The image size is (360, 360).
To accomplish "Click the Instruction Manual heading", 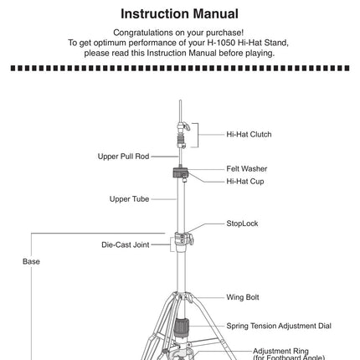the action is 179,14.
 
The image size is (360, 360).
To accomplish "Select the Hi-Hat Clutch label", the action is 249,135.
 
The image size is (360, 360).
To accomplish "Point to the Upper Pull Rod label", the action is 123,157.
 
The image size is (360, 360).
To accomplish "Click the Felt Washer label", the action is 247,169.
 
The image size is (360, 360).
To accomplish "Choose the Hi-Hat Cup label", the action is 245,182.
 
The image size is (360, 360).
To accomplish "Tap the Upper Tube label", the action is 129,199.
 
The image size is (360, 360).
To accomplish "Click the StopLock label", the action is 242,224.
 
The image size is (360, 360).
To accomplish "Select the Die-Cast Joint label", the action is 126,244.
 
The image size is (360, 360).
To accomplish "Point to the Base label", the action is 31,261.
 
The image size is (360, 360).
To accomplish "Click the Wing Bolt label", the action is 243,297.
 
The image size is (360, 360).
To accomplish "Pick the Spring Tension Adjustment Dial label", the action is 279,326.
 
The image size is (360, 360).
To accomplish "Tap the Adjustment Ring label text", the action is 280,351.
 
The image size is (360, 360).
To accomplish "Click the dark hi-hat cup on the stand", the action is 181,172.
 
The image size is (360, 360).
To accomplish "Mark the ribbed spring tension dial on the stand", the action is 182,327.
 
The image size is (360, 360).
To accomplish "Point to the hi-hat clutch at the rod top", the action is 183,136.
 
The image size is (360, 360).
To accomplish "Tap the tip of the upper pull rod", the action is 181,100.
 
